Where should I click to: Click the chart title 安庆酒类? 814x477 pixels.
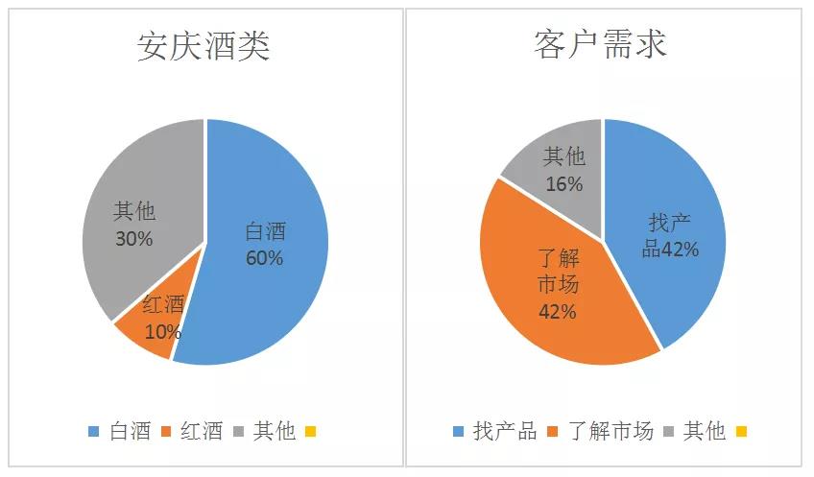tap(203, 44)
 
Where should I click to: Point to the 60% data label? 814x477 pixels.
tap(264, 258)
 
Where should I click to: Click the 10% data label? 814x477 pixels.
tap(163, 333)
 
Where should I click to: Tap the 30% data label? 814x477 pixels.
tap(133, 238)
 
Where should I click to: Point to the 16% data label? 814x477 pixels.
tap(563, 183)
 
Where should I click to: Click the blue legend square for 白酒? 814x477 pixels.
tap(93, 432)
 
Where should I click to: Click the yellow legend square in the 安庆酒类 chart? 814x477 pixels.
tap(310, 432)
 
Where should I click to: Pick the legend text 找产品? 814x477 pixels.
tap(505, 432)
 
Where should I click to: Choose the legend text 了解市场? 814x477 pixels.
tap(610, 432)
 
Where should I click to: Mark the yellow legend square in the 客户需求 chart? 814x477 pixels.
tap(740, 432)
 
